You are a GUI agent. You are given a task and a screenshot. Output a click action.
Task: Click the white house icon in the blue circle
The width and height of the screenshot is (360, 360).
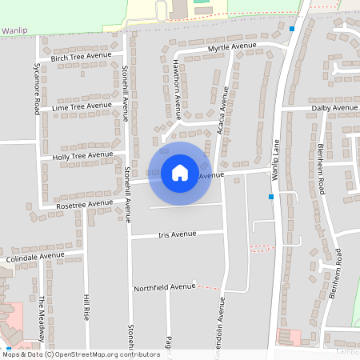179,172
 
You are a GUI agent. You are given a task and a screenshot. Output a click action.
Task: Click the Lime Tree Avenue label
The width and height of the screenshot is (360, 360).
82,106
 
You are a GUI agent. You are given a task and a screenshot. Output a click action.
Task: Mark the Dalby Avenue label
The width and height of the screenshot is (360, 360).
335,107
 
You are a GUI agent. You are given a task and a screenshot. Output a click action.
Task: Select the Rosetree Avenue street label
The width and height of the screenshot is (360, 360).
83,205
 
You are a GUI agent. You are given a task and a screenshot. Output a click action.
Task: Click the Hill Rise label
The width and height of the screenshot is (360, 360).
87,307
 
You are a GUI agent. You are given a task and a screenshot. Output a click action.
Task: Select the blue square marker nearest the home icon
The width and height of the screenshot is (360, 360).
272,196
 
